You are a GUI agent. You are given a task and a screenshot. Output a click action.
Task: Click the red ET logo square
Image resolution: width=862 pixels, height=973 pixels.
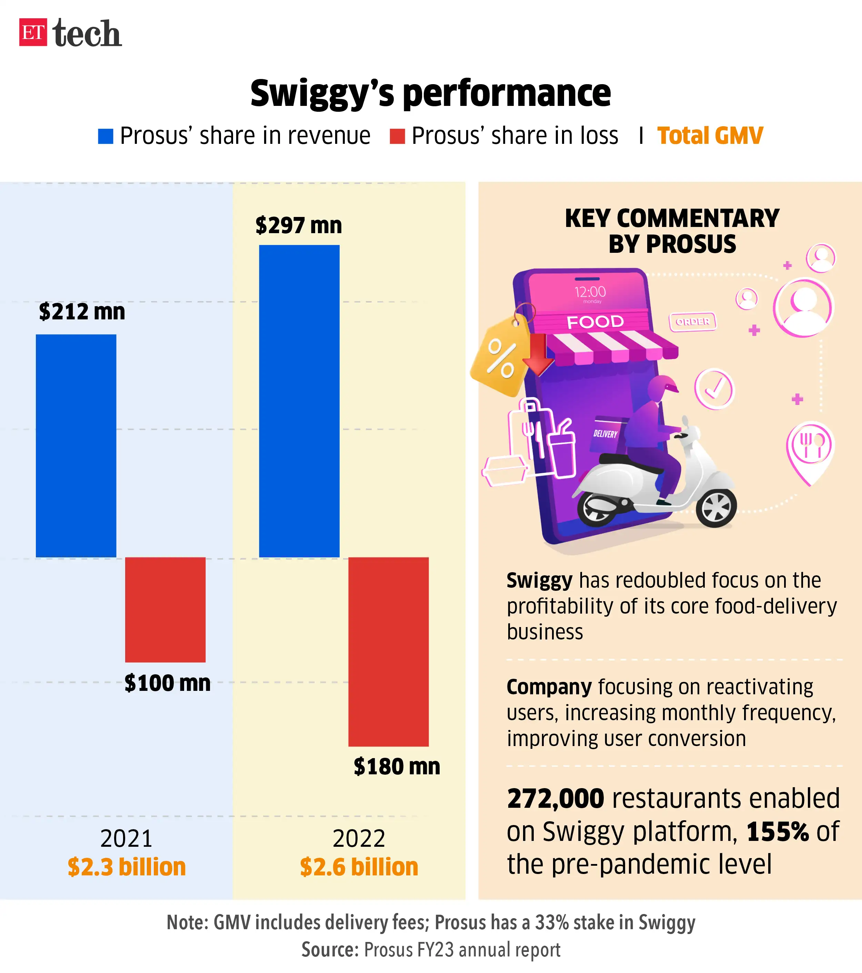coord(33,32)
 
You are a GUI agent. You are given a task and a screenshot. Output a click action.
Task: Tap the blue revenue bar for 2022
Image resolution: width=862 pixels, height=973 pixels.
coord(299,401)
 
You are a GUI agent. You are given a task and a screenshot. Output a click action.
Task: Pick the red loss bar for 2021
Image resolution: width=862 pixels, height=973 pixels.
coord(165,609)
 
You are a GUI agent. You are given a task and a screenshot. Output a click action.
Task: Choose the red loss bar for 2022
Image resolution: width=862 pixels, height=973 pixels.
coord(388,651)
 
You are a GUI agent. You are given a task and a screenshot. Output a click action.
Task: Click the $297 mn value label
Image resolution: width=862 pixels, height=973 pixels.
coord(299,225)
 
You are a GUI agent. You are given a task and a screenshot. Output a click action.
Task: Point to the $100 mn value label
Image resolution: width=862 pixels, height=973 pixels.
coord(167,683)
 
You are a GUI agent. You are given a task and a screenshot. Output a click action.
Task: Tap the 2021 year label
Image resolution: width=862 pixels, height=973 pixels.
coord(126,838)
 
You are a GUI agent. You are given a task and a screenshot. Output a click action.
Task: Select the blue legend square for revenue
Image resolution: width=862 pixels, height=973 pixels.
coord(105,136)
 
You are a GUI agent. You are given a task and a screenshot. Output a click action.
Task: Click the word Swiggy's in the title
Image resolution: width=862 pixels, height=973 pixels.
coord(322,94)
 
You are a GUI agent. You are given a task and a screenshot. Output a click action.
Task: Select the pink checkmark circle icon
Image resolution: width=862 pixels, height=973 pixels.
coord(714,389)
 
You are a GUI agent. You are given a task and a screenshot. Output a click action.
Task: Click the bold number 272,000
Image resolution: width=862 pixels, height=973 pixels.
coord(555,798)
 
